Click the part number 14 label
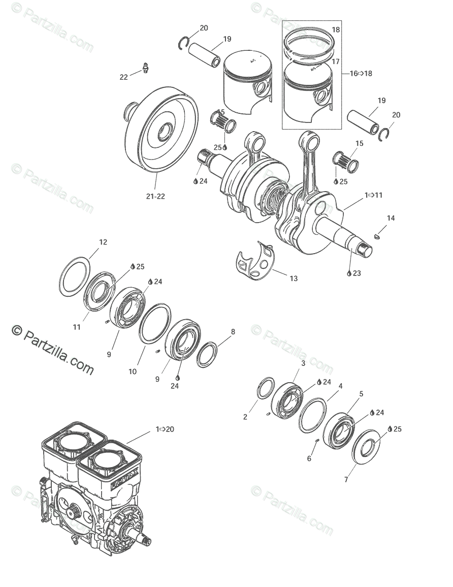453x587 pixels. pos(390,218)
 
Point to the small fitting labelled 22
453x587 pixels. pos(146,68)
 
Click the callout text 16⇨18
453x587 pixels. pos(361,73)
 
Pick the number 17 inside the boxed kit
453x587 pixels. pos(336,61)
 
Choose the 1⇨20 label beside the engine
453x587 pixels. pos(165,429)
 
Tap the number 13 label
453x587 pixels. pos(294,279)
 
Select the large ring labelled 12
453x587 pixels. pos(75,277)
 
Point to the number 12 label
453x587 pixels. pos(103,242)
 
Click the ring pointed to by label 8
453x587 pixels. pos(207,354)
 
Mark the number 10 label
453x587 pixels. pos(132,372)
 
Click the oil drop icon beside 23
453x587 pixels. pos(349,273)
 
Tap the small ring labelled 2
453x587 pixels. pos(266,389)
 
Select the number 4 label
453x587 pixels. pos(340,386)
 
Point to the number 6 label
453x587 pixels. pos(309,458)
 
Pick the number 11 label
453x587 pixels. pos(76,327)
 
